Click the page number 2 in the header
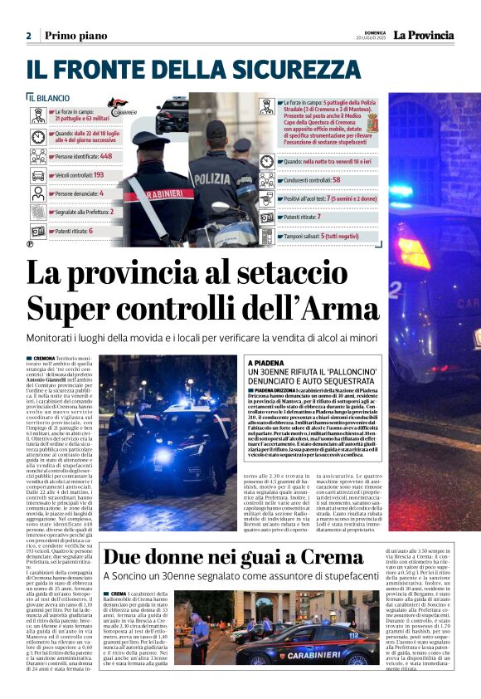pyautogui.click(x=28, y=35)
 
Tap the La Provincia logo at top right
pyautogui.click(x=423, y=35)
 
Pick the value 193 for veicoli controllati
pyautogui.click(x=98, y=175)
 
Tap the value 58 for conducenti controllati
pyautogui.click(x=337, y=178)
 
